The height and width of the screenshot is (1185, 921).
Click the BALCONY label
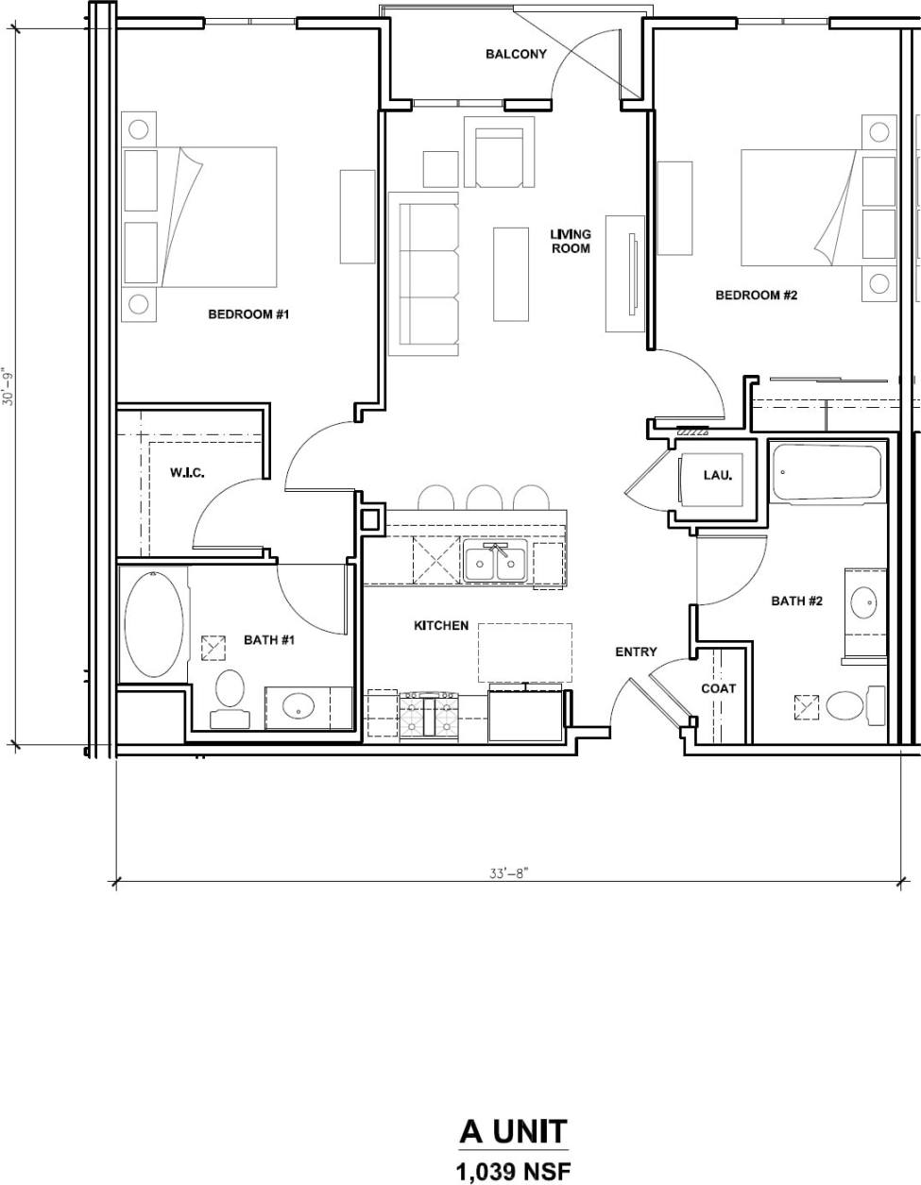coord(516,54)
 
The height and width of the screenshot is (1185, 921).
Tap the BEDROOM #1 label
coord(248,313)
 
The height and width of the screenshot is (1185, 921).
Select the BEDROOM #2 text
coord(757,296)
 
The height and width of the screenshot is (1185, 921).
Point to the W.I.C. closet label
coord(187,472)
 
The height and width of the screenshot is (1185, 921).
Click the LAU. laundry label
coord(718,475)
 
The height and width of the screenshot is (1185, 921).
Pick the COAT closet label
coord(718,688)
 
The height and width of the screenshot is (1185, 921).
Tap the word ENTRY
coord(636,652)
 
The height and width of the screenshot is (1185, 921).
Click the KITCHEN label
coord(441,626)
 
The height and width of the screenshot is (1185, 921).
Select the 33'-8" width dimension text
coord(508,873)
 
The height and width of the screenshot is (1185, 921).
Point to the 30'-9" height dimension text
coord(9,386)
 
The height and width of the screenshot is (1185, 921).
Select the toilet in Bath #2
coord(844,704)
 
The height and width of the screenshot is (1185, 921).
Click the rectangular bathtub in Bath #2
coord(827,472)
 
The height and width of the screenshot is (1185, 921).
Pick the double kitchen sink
coord(495,563)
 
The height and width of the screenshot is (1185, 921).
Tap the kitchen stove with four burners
coord(431,716)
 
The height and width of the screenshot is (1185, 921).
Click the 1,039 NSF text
coord(514,1172)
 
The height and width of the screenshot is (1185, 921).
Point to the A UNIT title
coord(514,1130)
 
